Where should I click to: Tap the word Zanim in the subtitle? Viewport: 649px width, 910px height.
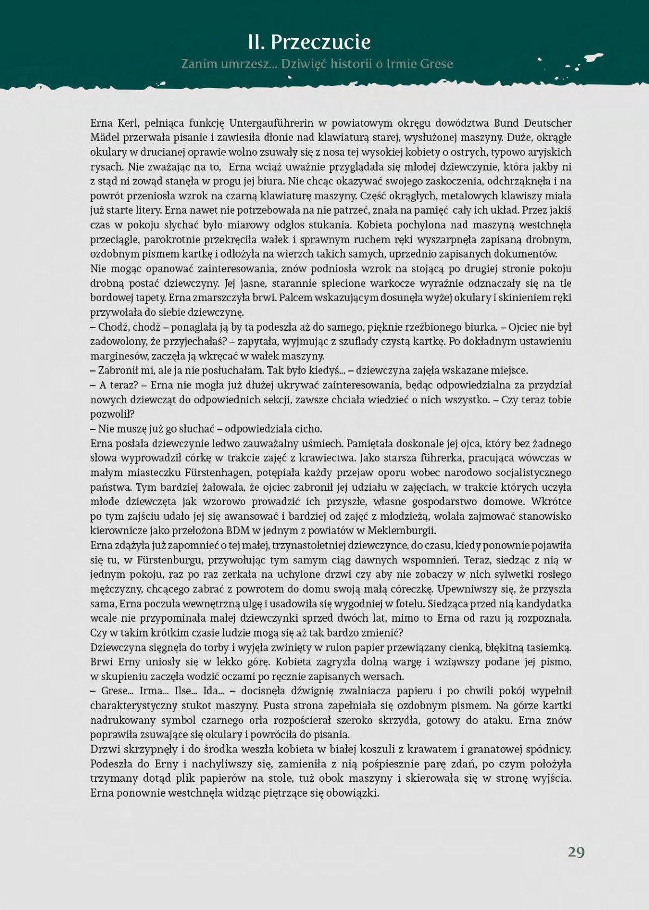click(199, 64)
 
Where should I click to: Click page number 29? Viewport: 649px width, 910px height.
click(576, 852)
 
